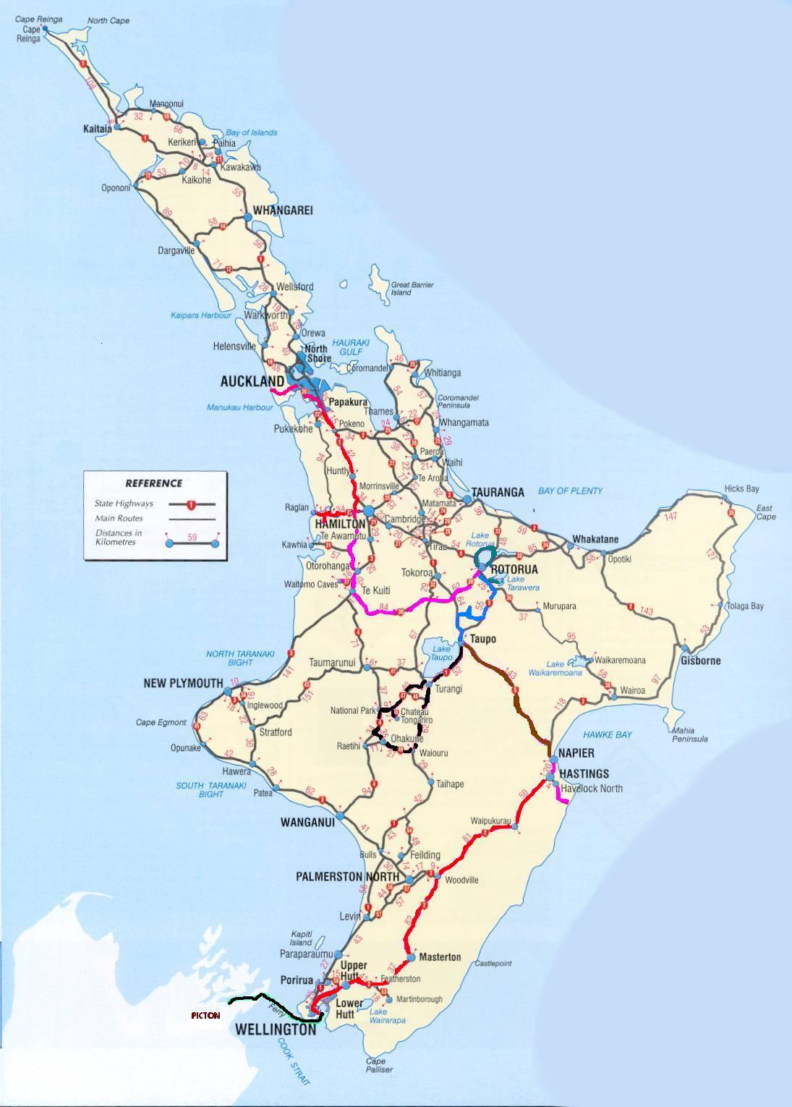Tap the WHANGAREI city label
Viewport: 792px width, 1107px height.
[282, 211]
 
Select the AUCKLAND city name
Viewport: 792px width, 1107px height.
[252, 381]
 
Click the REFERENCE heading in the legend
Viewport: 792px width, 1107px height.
[153, 483]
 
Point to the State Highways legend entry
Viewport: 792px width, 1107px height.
[123, 504]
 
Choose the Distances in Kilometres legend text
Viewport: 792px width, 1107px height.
[118, 538]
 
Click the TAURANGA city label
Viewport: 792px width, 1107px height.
[498, 493]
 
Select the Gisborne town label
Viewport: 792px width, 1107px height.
[700, 661]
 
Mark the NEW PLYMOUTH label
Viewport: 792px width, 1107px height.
[183, 683]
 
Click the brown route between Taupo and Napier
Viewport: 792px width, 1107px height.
[515, 698]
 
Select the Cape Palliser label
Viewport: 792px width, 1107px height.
[380, 1065]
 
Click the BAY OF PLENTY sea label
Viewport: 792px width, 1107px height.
[570, 491]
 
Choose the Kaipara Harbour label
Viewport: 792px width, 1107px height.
[201, 315]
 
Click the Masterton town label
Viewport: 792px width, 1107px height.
[440, 957]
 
